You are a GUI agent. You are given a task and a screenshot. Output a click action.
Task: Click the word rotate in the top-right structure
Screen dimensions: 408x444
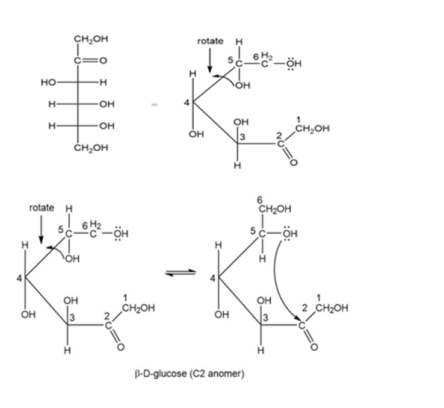pos(210,41)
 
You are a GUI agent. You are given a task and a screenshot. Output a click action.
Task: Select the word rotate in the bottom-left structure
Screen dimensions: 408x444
pos(42,208)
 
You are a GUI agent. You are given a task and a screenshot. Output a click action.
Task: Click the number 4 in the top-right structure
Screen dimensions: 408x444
pos(187,103)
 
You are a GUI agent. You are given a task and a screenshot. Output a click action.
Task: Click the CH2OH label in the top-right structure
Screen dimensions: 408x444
pos(312,128)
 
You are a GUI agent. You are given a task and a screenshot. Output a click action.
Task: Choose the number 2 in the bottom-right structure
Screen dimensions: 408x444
pos(306,309)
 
